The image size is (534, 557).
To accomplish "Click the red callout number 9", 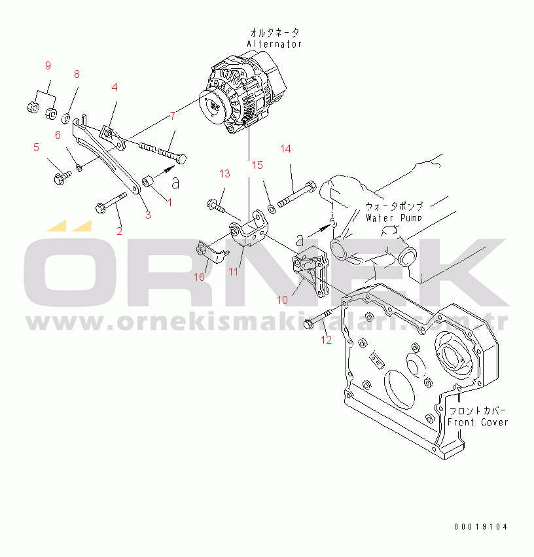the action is coord(48,65).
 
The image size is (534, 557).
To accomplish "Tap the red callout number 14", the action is coord(285,149).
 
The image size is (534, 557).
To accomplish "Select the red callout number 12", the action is coord(326,340).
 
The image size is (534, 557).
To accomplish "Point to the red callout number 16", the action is coord(199,277).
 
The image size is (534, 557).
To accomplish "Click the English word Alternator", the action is coord(274,44).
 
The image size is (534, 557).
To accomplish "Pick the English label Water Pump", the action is coord(394,218).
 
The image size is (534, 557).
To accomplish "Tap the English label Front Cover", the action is coord(478,422).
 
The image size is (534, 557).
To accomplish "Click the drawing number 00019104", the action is coord(481,527).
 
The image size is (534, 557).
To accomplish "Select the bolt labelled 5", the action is coord(62,177).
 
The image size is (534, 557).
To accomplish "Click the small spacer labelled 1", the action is coord(147,181).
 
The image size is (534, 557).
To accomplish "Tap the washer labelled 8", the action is coord(65,118).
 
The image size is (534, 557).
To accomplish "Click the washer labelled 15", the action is coord(272,209).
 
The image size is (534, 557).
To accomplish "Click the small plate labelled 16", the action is coord(212,252).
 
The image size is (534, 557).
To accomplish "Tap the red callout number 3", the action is coord(148,215).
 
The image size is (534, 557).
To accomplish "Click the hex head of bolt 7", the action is coord(181,158).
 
